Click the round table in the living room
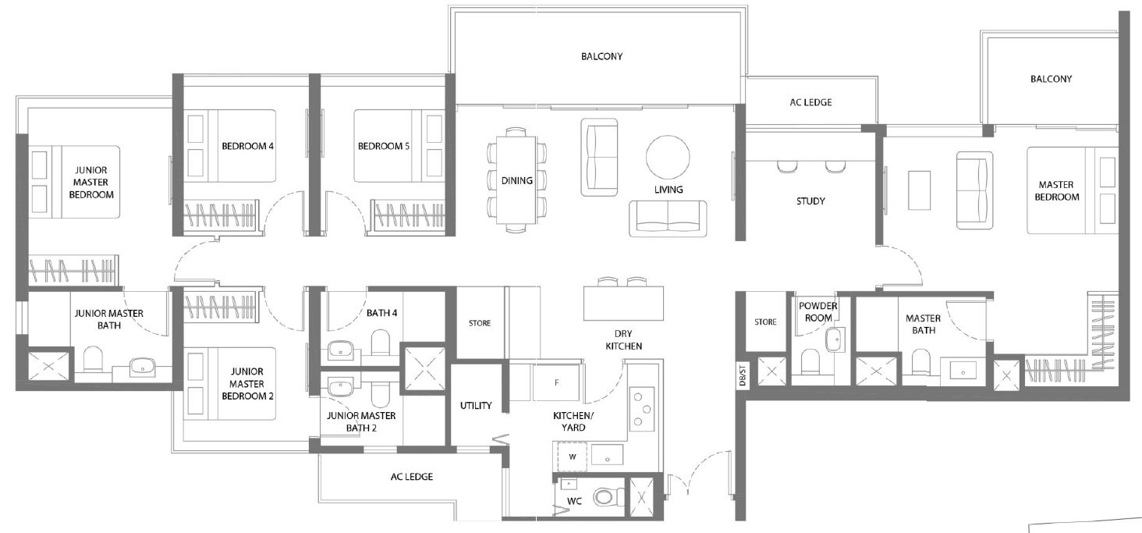pos(668,157)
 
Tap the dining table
pos(516,179)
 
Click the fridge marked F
pos(556,382)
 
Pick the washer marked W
pos(572,457)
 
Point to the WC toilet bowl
pos(608,496)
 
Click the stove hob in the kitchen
pos(642,409)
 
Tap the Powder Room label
pos(817,311)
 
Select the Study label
pos(810,201)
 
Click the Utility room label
pos(476,406)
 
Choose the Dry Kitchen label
pos(623,339)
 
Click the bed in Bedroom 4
pos(230,145)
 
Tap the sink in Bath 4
pos(342,350)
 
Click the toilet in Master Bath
pos(920,361)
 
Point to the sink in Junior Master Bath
pos(142,366)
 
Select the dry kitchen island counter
pos(623,303)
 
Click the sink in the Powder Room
pos(835,339)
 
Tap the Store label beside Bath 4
pos(480,323)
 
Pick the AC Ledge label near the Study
pos(810,102)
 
